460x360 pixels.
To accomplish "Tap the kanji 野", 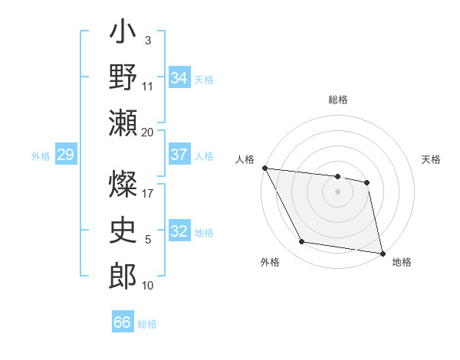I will (x=123, y=79).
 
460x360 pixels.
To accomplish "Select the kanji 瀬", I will (x=123, y=123).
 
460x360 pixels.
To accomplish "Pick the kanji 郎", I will (x=123, y=274).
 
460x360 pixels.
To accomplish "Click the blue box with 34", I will (x=179, y=77).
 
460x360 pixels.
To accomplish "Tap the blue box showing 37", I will (x=179, y=155).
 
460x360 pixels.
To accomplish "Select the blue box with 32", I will (x=179, y=231).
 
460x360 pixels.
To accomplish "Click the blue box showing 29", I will (x=65, y=155).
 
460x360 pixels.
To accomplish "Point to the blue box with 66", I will (x=122, y=322).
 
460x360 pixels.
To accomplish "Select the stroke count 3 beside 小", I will (x=147, y=40).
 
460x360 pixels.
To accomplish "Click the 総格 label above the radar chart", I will (x=338, y=100).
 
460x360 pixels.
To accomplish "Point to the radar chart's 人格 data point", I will (x=264, y=168).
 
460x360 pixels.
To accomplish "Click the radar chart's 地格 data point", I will (x=382, y=253).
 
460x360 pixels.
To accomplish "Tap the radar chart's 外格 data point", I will (x=301, y=242).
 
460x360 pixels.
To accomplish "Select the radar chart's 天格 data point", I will (x=367, y=182).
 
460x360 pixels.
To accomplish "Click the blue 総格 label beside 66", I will (x=147, y=323).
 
